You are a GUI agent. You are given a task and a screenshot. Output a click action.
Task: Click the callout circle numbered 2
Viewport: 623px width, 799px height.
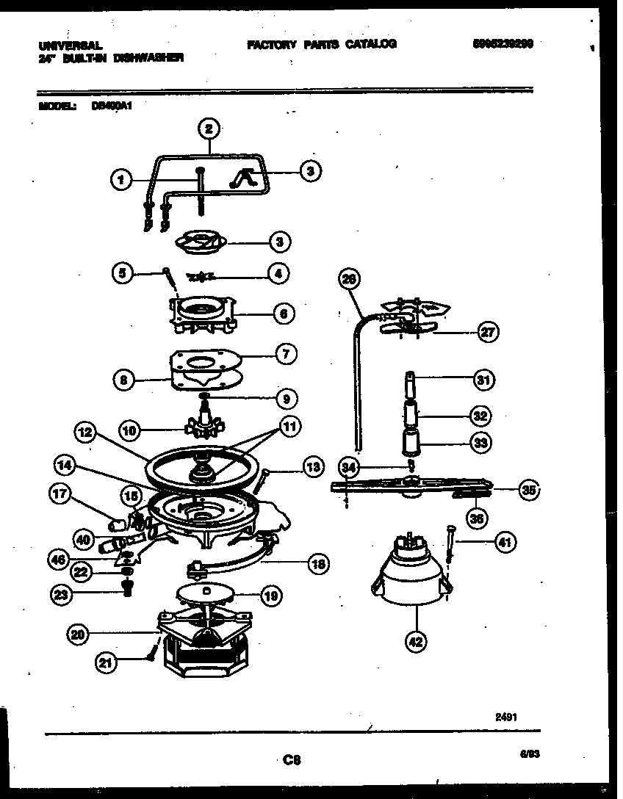[x=209, y=129]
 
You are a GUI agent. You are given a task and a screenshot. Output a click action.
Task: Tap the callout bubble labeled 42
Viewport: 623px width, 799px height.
[x=416, y=641]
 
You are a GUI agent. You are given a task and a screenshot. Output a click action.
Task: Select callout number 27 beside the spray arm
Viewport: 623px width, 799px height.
[x=487, y=332]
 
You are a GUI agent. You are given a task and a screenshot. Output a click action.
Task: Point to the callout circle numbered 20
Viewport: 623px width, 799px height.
[x=77, y=634]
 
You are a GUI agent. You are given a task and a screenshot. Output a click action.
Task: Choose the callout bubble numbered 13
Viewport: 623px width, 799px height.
[x=313, y=466]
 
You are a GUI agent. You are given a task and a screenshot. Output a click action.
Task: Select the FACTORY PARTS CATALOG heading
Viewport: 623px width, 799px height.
[x=322, y=44]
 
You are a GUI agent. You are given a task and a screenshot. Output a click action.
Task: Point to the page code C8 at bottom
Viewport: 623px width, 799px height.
[x=292, y=760]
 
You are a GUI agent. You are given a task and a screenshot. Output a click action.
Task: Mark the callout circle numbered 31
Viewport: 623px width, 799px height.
[x=482, y=380]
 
